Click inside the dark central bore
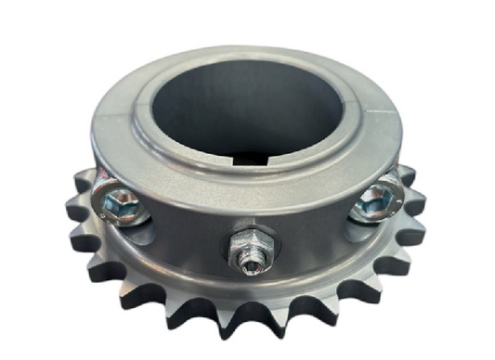coord(246,102)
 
